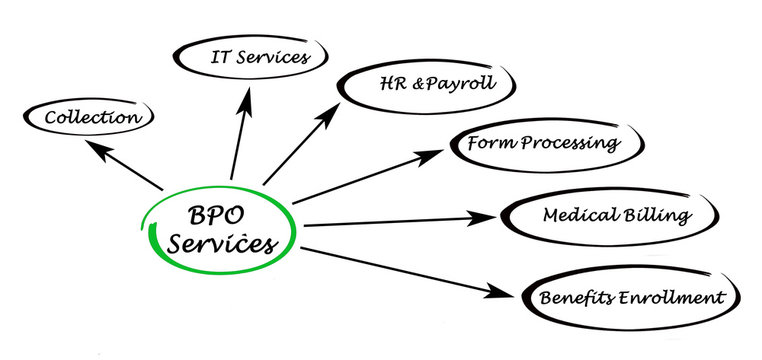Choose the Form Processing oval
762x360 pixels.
click(x=543, y=143)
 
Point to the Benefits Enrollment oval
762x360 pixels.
click(x=630, y=297)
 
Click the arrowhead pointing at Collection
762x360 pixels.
click(x=95, y=148)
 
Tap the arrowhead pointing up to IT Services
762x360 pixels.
click(x=244, y=98)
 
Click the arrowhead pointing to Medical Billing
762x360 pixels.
click(x=486, y=217)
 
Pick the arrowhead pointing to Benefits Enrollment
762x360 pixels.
click(x=505, y=293)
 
